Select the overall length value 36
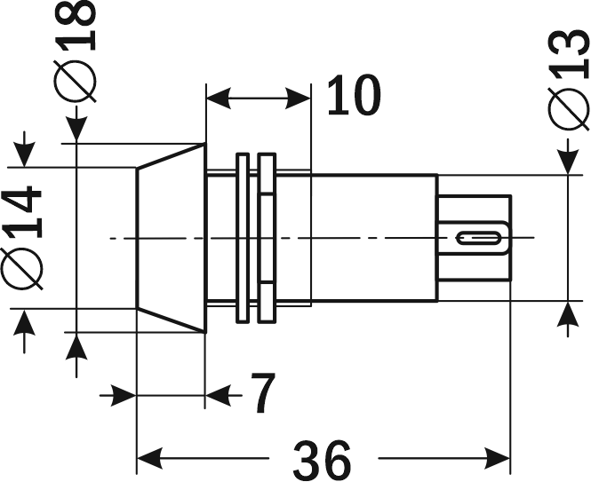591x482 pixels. tap(322, 459)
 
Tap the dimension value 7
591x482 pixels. tap(260, 393)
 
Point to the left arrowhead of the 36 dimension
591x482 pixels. tap(148, 460)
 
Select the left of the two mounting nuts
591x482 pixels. tap(241, 238)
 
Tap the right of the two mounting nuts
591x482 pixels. tap(266, 238)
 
